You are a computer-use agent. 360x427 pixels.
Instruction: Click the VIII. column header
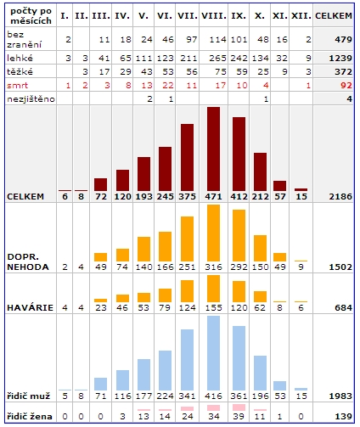tap(214, 16)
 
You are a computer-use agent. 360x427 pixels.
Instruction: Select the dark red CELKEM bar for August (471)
tap(213, 149)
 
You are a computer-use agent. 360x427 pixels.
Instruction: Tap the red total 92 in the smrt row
tap(346, 85)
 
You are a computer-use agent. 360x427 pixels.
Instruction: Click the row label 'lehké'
tap(20, 58)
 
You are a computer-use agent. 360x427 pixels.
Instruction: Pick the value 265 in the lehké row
tap(217, 58)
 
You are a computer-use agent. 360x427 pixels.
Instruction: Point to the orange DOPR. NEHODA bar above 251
tap(187, 239)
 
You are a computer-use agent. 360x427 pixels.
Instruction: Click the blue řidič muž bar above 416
tap(213, 353)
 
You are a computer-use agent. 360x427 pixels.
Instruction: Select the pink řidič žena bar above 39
tap(239, 407)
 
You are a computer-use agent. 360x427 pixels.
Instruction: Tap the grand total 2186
tap(340, 197)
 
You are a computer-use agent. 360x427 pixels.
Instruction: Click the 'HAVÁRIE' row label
tap(30, 307)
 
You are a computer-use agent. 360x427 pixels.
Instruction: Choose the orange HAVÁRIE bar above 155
tap(213, 289)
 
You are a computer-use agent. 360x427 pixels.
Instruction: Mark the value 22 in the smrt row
tap(167, 85)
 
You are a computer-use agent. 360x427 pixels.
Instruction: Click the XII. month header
tap(301, 16)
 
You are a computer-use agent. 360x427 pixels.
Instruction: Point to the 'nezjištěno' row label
tap(31, 99)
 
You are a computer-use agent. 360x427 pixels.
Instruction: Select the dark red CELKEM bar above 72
tap(101, 184)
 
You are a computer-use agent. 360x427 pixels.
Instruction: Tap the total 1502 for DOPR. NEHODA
tap(340, 267)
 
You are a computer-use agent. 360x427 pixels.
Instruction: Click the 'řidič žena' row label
tap(30, 416)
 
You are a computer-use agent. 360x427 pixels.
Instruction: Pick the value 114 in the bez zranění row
tap(217, 40)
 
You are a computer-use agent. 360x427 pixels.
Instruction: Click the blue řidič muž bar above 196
tap(260, 373)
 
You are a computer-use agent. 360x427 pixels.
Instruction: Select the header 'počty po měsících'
tap(31, 16)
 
